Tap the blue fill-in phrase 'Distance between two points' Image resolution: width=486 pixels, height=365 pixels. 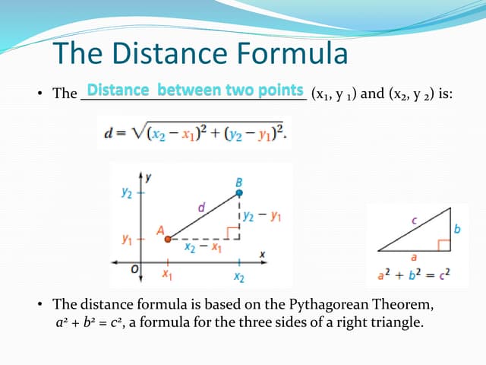[195, 90]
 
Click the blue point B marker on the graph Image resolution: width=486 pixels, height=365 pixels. [239, 193]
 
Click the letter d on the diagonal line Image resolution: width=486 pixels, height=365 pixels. [201, 206]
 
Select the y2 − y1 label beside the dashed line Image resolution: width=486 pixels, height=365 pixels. [264, 216]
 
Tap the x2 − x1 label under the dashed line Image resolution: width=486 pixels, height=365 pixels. [203, 247]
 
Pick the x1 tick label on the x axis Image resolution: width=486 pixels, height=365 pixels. [167, 274]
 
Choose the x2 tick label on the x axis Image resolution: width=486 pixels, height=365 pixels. [239, 275]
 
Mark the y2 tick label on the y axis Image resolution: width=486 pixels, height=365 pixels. [127, 193]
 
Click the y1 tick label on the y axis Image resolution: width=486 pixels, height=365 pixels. [128, 239]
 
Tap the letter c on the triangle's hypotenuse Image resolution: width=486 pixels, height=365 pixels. [414, 221]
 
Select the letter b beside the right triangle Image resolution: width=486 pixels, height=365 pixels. [457, 228]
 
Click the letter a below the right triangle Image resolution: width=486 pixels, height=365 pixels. [414, 258]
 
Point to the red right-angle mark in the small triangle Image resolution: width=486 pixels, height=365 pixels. [442, 245]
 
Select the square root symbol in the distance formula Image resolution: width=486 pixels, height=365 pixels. [137, 132]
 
